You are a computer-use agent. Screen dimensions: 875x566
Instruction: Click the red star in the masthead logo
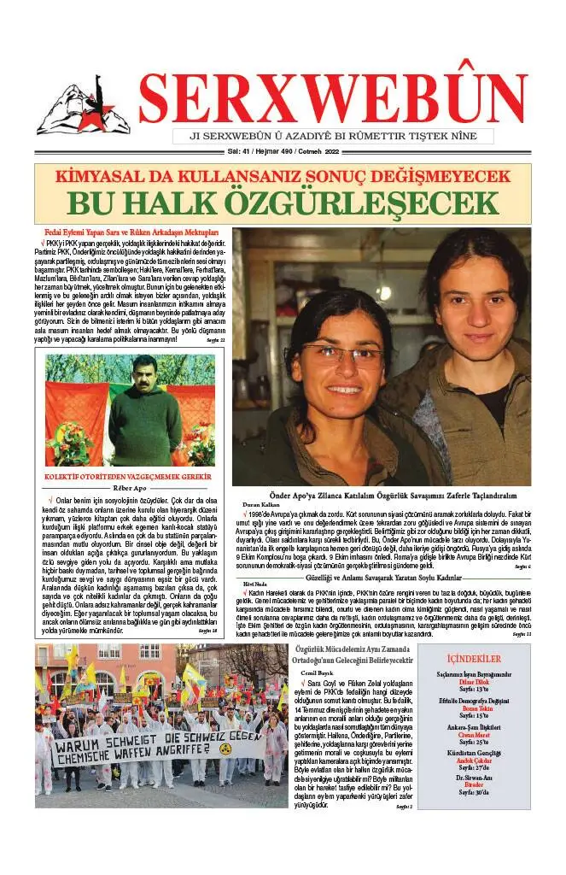click(108, 114)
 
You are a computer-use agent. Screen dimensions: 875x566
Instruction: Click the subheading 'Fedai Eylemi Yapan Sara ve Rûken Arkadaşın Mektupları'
click(131, 232)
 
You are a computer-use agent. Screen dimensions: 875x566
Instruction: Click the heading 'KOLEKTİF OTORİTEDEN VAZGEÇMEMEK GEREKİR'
click(128, 477)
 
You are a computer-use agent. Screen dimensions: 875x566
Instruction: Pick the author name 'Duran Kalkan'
click(260, 505)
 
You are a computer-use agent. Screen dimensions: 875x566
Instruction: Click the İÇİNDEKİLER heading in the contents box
click(474, 660)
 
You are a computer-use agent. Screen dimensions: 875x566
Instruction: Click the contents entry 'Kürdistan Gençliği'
click(474, 752)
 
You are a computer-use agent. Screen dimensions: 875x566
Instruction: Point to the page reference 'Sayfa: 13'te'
click(474, 693)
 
